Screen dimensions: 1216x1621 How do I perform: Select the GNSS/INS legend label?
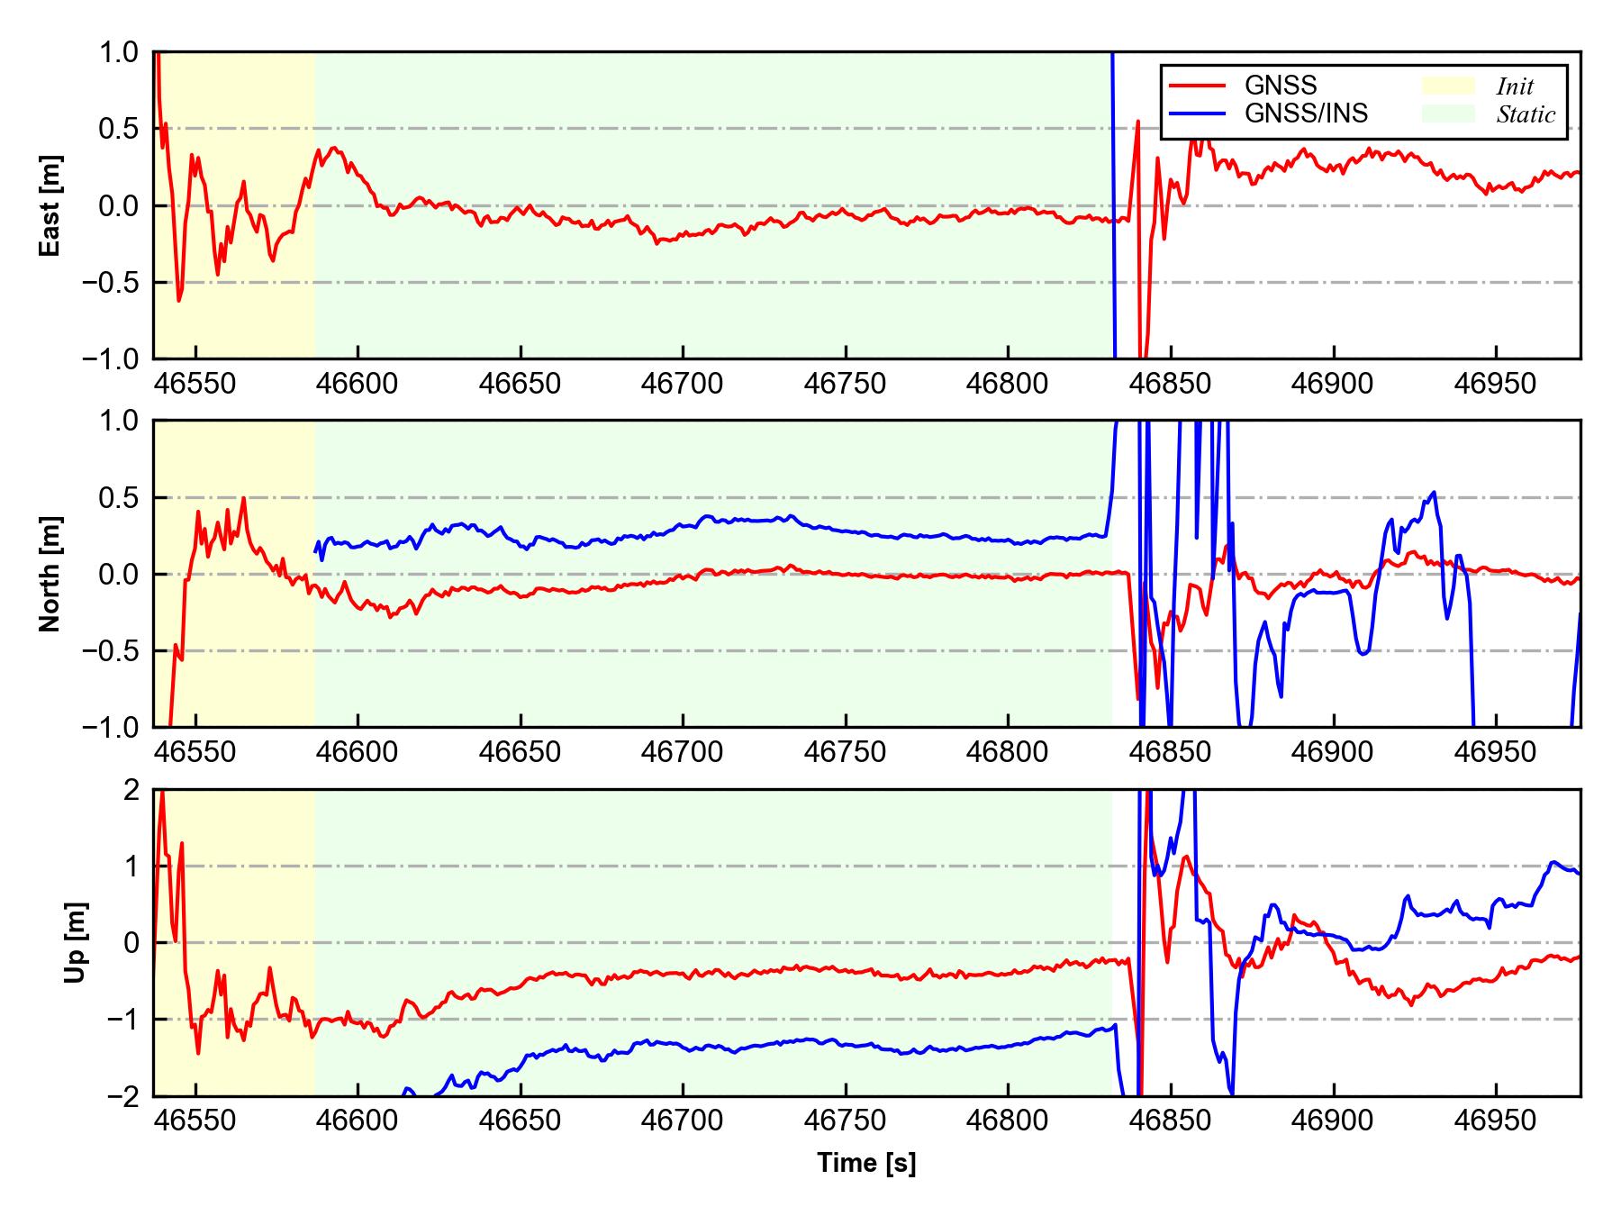tap(1306, 113)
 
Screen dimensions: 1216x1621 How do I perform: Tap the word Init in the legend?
tap(1515, 86)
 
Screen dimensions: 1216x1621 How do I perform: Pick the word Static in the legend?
tap(1526, 114)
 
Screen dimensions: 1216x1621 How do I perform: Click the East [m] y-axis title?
tap(50, 205)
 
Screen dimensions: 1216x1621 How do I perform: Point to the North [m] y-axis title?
tap(50, 574)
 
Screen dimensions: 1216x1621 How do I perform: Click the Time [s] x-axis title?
tap(866, 1164)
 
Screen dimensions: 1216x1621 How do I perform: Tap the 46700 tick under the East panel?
tap(682, 385)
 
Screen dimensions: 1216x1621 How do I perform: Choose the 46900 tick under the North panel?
tap(1332, 752)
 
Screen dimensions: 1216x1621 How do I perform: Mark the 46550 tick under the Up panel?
tap(195, 1121)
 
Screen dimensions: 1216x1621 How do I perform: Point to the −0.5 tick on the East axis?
tap(111, 283)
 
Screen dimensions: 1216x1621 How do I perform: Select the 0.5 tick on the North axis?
tap(122, 497)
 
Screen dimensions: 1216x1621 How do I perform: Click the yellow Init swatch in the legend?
tap(1448, 86)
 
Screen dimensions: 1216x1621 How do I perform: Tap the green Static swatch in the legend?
tap(1448, 113)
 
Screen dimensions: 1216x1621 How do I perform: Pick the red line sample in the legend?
tap(1197, 86)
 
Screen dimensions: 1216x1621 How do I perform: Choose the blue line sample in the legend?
tap(1197, 113)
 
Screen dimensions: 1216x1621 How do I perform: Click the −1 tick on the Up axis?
tap(122, 1020)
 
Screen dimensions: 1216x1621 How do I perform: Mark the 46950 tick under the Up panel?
tap(1495, 1121)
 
